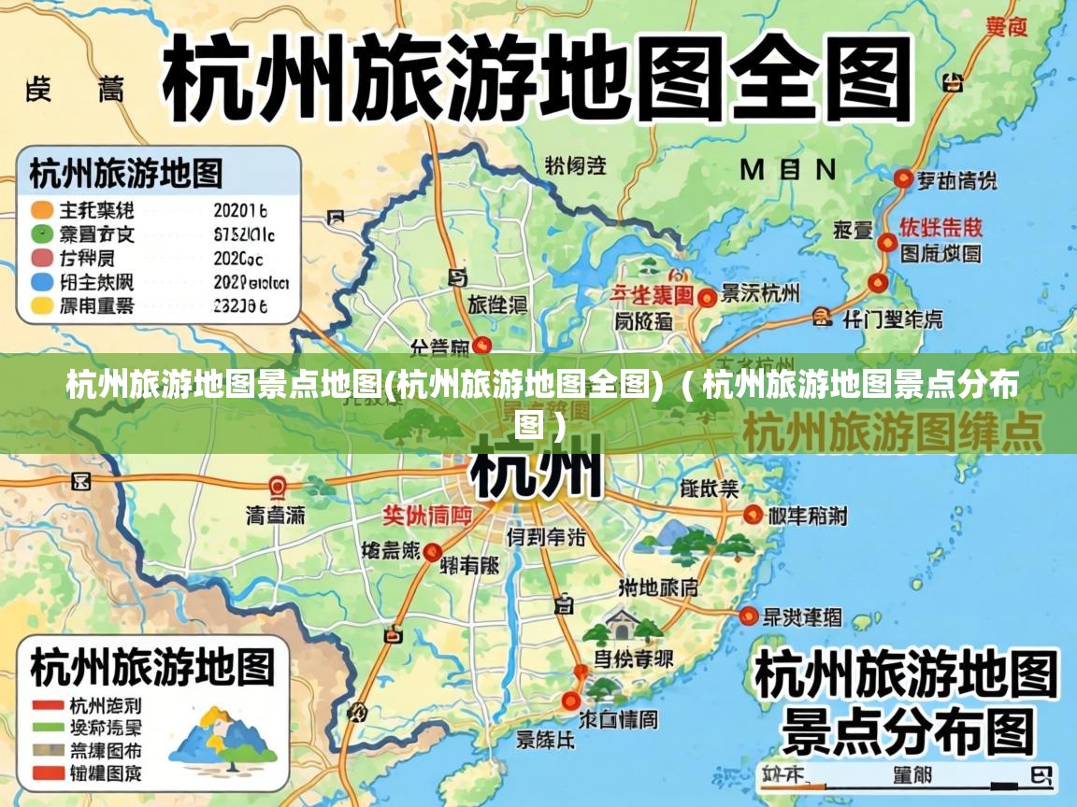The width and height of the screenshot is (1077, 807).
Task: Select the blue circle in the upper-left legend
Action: click(x=42, y=281)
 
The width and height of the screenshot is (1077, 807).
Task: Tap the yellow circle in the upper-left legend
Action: click(x=42, y=305)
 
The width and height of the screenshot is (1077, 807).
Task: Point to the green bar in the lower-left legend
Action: click(x=47, y=727)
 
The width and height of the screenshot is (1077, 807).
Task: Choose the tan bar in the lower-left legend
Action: click(x=47, y=750)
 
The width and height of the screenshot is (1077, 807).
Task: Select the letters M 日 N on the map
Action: click(x=787, y=169)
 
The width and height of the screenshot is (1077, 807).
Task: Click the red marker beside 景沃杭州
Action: click(x=708, y=297)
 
